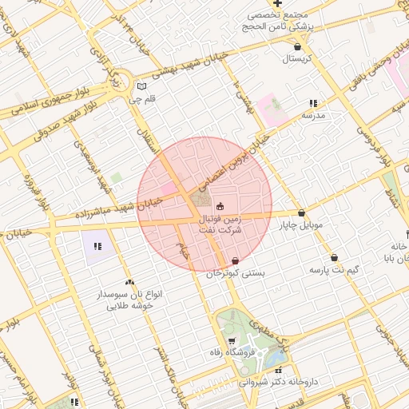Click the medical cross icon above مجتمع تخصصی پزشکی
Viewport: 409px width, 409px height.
coord(277,3)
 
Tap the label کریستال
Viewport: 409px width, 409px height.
coord(296,59)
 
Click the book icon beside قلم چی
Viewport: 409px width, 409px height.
coord(141,86)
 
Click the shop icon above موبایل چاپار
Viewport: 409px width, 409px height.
coord(301,213)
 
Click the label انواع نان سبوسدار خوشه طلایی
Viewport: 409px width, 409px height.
coord(130,300)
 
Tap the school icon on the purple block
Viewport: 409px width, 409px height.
coord(97,246)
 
